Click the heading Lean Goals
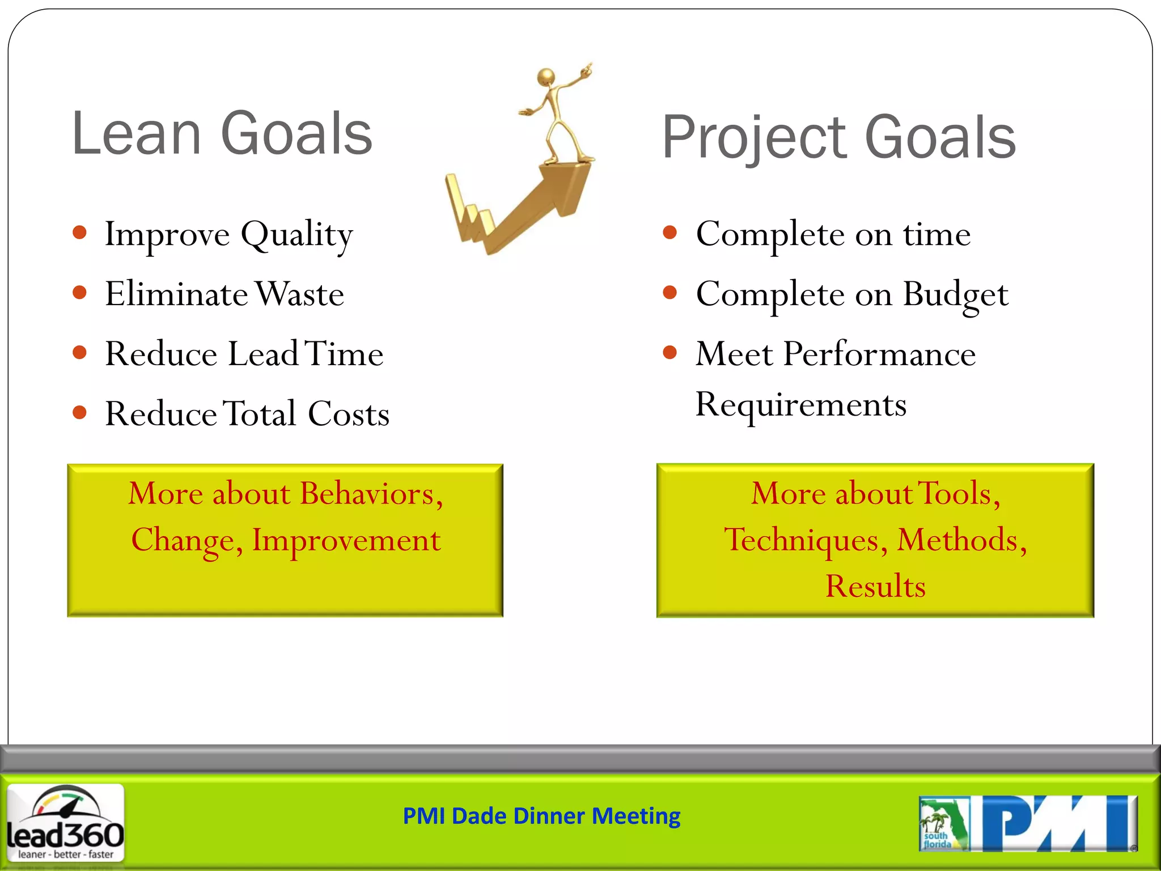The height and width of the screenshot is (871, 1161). point(222,134)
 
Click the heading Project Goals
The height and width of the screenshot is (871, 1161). point(839,137)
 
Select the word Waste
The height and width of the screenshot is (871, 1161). point(299,294)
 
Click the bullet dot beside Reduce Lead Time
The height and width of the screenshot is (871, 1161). point(80,353)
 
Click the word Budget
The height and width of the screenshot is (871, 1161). point(955,295)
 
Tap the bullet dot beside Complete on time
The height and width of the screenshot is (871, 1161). point(670,232)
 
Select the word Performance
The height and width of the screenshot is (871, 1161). point(879,354)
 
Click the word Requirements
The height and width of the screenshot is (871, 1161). point(800,405)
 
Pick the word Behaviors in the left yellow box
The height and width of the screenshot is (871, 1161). point(371,494)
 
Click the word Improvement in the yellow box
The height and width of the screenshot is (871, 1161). point(346,540)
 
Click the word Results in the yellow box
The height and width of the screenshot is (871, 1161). point(875,586)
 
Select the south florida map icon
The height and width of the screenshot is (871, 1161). point(943,824)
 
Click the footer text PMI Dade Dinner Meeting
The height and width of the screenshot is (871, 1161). point(541,817)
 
